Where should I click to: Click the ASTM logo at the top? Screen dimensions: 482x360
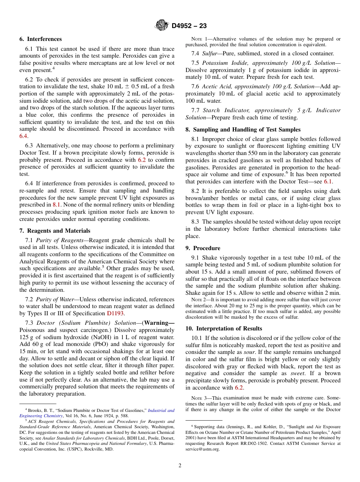(x=162, y=26)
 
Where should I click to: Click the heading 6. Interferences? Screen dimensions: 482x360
(x=41, y=39)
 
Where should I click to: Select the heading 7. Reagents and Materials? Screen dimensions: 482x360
(x=55, y=231)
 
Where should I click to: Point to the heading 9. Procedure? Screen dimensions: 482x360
(x=203, y=248)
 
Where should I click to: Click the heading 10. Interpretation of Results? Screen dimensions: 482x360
(x=224, y=329)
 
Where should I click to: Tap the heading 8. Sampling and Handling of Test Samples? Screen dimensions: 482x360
(x=243, y=130)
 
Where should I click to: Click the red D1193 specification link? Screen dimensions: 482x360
(x=116, y=313)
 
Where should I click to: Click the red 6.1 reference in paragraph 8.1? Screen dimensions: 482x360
(x=328, y=182)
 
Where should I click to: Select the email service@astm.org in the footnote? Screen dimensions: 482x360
(x=202, y=449)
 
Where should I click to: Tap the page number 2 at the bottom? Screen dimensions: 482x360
(x=180, y=465)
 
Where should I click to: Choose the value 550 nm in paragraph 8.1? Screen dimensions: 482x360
(x=235, y=153)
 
